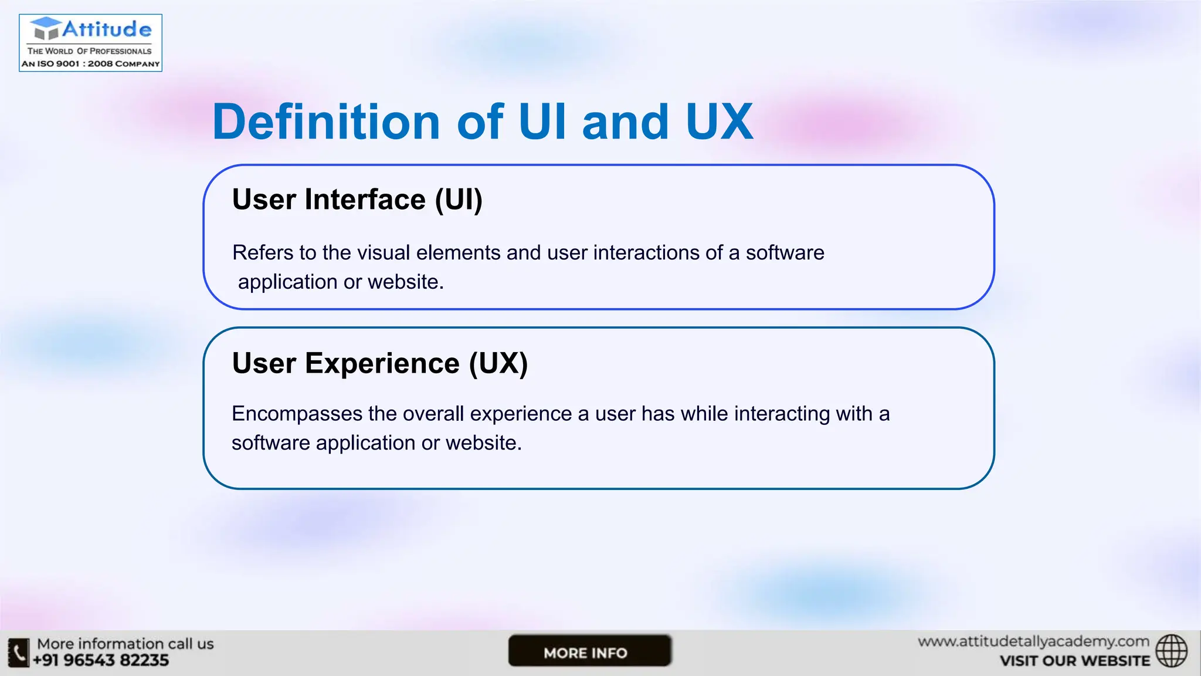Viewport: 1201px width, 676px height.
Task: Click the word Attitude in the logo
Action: pos(107,29)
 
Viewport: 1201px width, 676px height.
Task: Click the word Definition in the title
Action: pos(326,122)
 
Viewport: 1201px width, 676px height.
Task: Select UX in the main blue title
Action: pos(718,122)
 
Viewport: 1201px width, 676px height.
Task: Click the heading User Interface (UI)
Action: pos(357,200)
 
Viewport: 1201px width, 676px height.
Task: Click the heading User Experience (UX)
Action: pos(380,363)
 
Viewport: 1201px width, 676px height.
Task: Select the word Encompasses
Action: pos(297,414)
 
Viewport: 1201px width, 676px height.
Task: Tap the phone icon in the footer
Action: pos(19,653)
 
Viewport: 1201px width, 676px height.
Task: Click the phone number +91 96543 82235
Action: pos(101,661)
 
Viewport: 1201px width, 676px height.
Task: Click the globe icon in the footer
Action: pos(1171,651)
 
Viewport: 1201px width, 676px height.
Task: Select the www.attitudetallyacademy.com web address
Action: pos(1033,641)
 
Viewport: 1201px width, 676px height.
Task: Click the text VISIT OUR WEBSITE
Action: pos(1074,661)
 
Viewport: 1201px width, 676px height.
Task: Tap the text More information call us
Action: pos(125,644)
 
